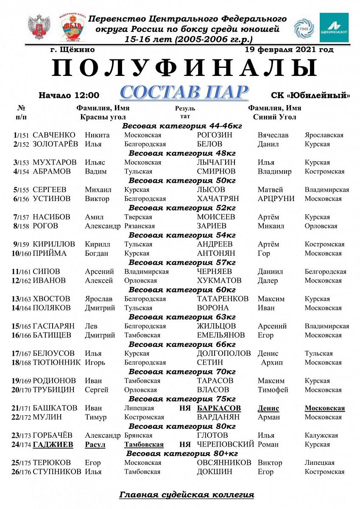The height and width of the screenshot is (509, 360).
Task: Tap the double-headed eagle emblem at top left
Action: pyautogui.click(x=39, y=28)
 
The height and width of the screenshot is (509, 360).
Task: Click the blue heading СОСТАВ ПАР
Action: pyautogui.click(x=184, y=92)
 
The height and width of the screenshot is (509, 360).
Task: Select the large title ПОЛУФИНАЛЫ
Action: pyautogui.click(x=184, y=68)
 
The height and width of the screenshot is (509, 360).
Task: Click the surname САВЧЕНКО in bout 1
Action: pyautogui.click(x=54, y=135)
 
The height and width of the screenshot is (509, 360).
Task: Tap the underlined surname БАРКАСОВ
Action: pyautogui.click(x=219, y=408)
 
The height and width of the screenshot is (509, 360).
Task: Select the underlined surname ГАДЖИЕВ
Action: pyautogui.click(x=53, y=445)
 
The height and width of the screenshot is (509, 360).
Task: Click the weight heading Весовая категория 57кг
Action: pyautogui.click(x=182, y=263)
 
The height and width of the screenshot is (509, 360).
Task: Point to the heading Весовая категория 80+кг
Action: pyautogui.click(x=182, y=453)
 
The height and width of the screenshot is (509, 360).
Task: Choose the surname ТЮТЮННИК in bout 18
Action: pyautogui.click(x=56, y=363)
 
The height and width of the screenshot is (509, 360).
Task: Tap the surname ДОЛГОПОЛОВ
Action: pyautogui.click(x=224, y=353)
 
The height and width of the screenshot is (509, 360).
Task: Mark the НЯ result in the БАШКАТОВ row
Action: pyautogui.click(x=185, y=408)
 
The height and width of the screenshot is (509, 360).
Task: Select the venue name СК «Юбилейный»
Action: pyautogui.click(x=310, y=95)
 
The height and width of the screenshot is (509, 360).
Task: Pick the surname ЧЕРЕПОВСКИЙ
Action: pyautogui.click(x=225, y=445)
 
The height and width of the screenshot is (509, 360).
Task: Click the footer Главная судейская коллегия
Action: pyautogui.click(x=187, y=495)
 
